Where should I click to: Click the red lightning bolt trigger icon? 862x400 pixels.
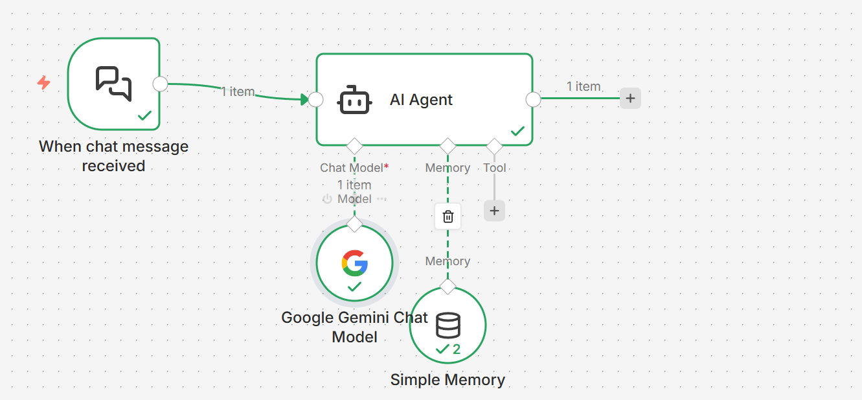(43, 83)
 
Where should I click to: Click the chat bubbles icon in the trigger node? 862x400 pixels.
(113, 83)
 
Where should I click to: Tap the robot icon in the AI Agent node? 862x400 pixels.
(354, 100)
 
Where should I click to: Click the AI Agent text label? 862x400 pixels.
(421, 100)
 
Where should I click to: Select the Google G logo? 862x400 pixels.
(354, 263)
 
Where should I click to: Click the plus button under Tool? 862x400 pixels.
(494, 211)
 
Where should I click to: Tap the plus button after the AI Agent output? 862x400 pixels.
(630, 99)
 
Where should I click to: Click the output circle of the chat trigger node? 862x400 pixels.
(160, 84)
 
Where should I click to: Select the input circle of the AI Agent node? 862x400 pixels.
(315, 99)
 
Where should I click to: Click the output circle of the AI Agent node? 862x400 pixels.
(533, 99)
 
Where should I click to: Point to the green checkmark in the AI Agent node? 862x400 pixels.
(517, 131)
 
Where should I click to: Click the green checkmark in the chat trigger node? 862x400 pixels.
(144, 115)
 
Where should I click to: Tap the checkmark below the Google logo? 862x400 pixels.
(354, 286)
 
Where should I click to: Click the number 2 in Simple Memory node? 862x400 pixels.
(457, 349)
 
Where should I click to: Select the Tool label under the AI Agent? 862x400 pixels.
(494, 168)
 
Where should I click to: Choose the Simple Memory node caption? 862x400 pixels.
(448, 380)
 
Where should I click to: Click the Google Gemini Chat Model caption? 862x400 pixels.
(354, 327)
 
